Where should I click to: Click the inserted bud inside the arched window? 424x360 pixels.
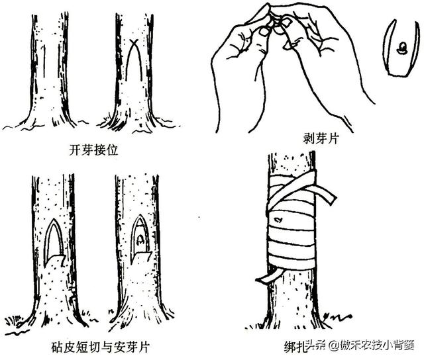(x=140, y=242)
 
